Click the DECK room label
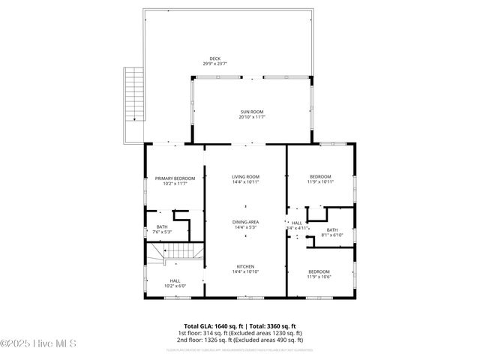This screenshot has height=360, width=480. [215, 58]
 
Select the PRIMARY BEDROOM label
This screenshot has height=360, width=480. [175, 178]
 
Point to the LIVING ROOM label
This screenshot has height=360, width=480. [245, 176]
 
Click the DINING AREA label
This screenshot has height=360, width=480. [245, 221]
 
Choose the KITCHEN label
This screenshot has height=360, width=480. [245, 266]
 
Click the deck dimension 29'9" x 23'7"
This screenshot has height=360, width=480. [215, 64]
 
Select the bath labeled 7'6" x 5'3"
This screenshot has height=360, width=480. [162, 229]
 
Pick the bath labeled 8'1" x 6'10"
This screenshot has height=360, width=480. [331, 232]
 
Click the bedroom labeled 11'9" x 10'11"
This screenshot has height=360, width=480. [320, 178]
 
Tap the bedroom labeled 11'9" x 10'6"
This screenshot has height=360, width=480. [319, 274]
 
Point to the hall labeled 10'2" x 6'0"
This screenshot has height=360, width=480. [175, 283]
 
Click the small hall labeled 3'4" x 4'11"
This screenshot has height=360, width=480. [297, 225]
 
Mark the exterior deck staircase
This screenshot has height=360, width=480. [133, 94]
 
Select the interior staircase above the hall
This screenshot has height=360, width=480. [175, 253]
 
